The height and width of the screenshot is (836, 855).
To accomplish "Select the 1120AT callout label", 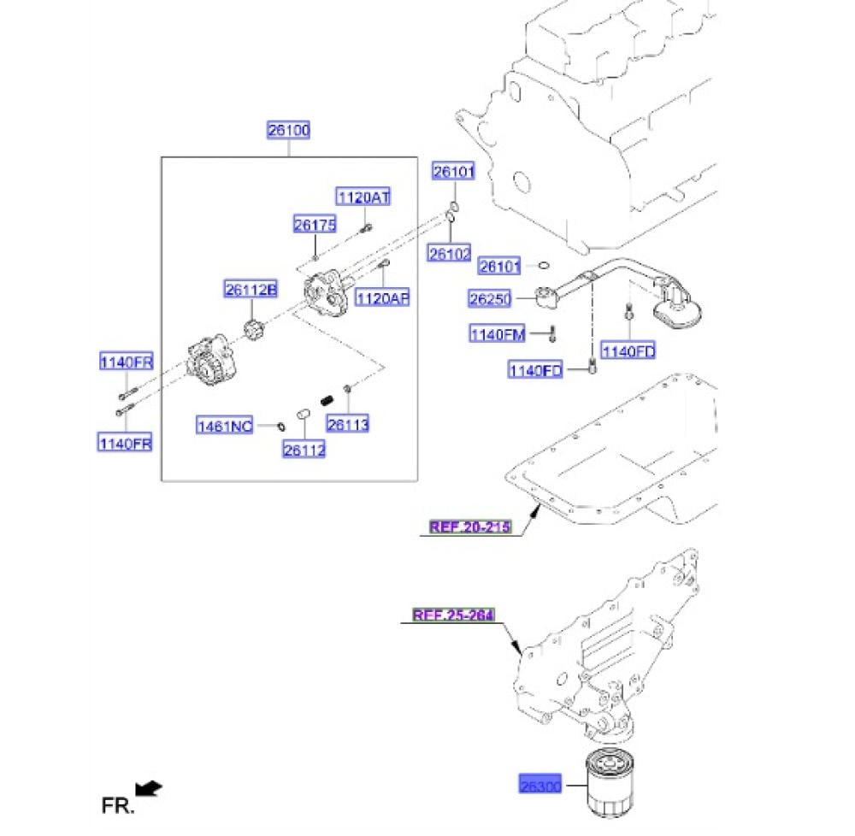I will (362, 197).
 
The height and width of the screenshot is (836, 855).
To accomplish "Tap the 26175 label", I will (315, 225).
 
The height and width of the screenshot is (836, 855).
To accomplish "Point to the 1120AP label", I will (382, 298).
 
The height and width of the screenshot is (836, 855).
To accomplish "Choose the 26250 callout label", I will (489, 299).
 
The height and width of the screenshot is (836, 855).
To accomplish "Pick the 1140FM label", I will (497, 334).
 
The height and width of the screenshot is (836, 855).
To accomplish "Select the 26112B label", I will (251, 291).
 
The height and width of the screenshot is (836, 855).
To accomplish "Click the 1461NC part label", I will (225, 425).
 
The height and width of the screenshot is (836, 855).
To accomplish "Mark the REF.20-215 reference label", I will (469, 527).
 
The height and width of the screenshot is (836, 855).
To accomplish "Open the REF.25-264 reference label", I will (453, 615).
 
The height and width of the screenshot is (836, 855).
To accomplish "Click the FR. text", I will (118, 804).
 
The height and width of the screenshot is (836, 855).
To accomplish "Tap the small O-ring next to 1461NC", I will (281, 424).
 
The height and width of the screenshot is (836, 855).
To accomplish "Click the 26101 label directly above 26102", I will (452, 172).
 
